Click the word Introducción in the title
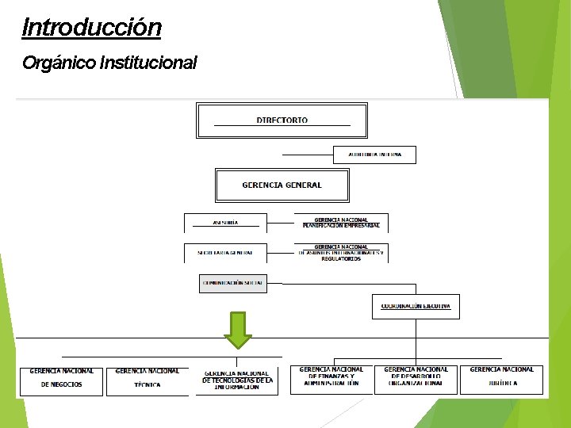coord(92,28)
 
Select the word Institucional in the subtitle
coord(148,63)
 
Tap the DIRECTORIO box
coord(282,120)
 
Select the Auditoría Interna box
coord(374,155)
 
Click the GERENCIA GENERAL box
coord(282,185)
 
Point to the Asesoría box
coord(225,223)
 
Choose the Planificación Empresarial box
coord(341,223)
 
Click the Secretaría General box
coord(225,253)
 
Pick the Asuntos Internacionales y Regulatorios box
coord(341,253)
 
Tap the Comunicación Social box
coord(232,282)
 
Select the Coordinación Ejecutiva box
coord(416,306)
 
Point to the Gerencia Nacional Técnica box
coord(148,378)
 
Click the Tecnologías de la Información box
coord(237,380)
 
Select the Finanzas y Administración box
coord(331,377)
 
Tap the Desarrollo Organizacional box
coord(416,377)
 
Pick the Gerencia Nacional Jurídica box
coord(501,377)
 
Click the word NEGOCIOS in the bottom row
coord(61,384)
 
